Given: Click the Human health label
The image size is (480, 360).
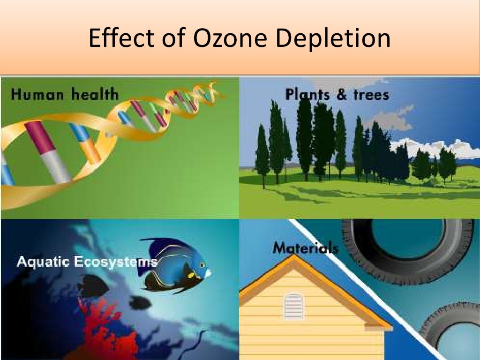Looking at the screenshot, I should pyautogui.click(x=65, y=95).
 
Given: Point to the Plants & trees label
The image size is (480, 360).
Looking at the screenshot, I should pyautogui.click(x=337, y=95).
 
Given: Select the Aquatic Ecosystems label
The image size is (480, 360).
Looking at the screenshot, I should pyautogui.click(x=87, y=261).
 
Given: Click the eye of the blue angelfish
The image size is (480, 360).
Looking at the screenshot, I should pyautogui.click(x=202, y=265).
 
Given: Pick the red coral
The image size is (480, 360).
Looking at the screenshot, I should pyautogui.click(x=105, y=328).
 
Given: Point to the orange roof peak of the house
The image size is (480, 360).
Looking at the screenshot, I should pyautogui.click(x=294, y=260).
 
